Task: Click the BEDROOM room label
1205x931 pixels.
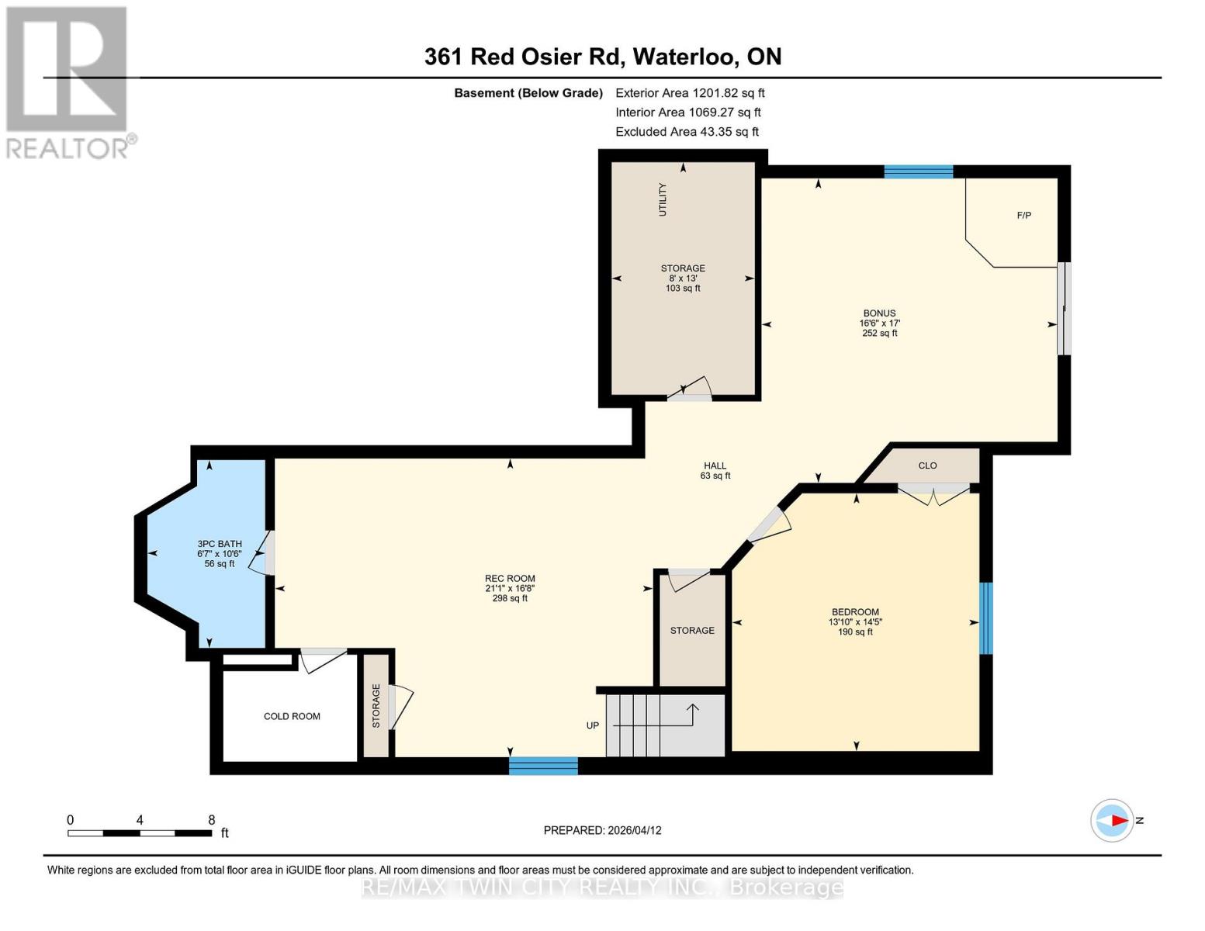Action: [x=855, y=612]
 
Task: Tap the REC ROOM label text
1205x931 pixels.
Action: [x=510, y=579]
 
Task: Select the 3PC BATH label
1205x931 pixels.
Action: [x=220, y=544]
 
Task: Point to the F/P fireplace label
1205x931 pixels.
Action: [x=1024, y=216]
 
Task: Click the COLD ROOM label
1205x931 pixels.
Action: [x=292, y=716]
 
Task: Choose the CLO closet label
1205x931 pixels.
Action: [x=927, y=465]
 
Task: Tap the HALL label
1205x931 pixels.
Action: [x=715, y=465]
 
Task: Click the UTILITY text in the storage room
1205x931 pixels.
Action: [x=663, y=199]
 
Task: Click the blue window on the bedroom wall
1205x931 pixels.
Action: [x=986, y=618]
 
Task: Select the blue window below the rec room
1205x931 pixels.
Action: [x=543, y=766]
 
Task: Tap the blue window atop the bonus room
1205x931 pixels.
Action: [x=919, y=171]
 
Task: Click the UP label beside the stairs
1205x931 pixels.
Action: [x=593, y=725]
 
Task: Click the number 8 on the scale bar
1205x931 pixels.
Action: [x=211, y=820]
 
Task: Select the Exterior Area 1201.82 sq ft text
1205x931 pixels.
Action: [x=690, y=93]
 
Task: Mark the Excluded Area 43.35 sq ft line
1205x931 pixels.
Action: [x=687, y=132]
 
